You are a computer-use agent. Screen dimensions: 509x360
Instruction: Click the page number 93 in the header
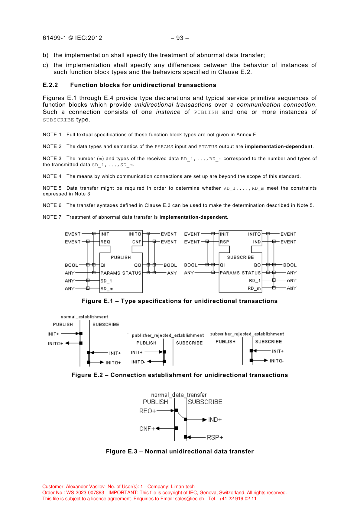tap(180, 38)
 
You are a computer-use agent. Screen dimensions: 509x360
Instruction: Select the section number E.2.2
tap(50, 85)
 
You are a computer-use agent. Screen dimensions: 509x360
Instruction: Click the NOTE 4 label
tap(52, 176)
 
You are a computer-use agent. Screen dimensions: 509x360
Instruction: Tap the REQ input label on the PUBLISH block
tap(105, 242)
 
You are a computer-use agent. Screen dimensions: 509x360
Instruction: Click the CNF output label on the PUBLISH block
tap(137, 242)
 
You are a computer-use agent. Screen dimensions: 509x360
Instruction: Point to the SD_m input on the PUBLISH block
tap(107, 289)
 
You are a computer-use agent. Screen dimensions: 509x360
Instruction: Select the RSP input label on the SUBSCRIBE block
tap(224, 242)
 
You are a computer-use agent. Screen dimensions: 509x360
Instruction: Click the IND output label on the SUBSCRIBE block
tap(257, 242)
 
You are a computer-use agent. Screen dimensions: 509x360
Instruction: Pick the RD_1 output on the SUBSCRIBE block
tap(254, 281)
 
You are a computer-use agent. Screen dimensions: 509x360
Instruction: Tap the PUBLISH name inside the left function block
tap(121, 257)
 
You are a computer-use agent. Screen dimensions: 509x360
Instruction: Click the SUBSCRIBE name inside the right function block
tap(240, 257)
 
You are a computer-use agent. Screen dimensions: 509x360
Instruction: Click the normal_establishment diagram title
tap(84, 317)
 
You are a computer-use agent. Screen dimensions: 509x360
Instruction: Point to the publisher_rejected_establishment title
tap(168, 335)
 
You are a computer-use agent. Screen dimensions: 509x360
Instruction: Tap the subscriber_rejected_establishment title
tap(247, 334)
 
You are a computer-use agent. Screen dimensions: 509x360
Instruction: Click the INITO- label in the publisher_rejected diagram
tap(138, 362)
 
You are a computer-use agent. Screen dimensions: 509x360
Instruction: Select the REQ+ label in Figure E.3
tap(148, 411)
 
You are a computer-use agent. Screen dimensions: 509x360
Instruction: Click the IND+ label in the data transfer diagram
tap(215, 420)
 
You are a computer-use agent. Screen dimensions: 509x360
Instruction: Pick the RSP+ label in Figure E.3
tap(215, 437)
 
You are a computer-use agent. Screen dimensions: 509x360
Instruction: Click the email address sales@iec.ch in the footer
tap(189, 499)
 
